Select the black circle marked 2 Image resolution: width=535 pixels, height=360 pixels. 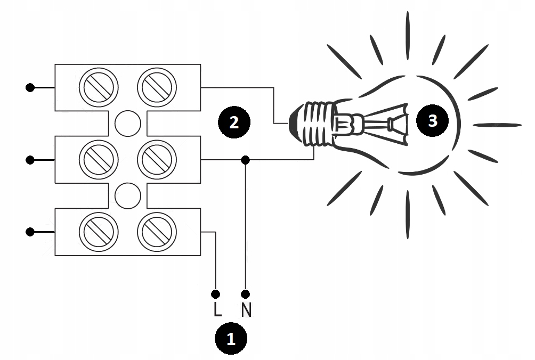click(234, 122)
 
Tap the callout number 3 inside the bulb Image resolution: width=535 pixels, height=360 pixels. click(433, 120)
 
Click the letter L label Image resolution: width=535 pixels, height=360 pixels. click(217, 310)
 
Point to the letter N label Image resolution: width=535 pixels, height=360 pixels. click(246, 310)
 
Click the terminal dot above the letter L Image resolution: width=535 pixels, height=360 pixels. click(216, 294)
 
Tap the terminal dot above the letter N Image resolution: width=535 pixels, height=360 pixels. click(246, 294)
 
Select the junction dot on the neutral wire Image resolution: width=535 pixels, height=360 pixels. click(245, 159)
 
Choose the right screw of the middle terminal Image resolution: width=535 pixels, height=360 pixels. click(157, 159)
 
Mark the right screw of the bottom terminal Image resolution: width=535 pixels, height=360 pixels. click(157, 232)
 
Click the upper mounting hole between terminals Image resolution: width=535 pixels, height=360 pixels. click(128, 123)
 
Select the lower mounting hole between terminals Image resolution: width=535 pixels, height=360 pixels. click(128, 195)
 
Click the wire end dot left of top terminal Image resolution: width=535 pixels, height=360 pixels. click(30, 87)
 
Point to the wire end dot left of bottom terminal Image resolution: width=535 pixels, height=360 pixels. click(30, 232)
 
